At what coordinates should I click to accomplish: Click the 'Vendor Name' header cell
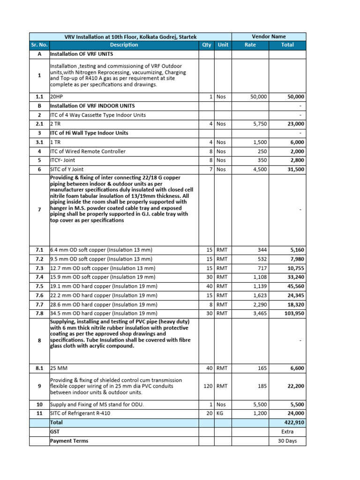268,37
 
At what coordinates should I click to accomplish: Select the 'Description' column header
124,45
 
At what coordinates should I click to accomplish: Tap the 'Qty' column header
207,45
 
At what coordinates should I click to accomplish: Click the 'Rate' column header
251,45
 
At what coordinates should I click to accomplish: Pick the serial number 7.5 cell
39,286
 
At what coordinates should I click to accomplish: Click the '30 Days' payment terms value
287,441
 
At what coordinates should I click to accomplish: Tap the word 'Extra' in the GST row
287,432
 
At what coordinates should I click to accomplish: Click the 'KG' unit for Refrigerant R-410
220,413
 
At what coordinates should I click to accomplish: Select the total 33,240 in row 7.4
294,277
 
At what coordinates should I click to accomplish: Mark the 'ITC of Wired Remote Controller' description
88,151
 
